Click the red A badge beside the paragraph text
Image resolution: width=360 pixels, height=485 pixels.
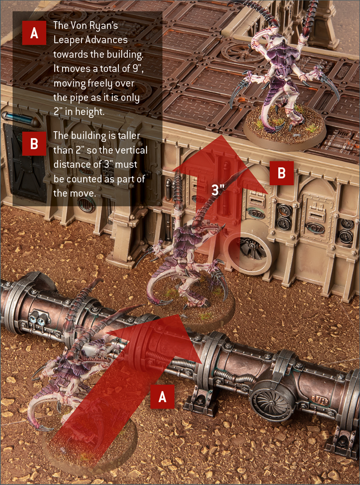[x=34, y=33]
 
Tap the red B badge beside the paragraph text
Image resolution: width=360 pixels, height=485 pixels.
[x=34, y=144]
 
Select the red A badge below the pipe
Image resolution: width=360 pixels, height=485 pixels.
[x=162, y=397]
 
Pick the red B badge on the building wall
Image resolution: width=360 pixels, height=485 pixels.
[x=282, y=173]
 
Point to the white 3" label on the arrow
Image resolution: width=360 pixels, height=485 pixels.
[x=218, y=190]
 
